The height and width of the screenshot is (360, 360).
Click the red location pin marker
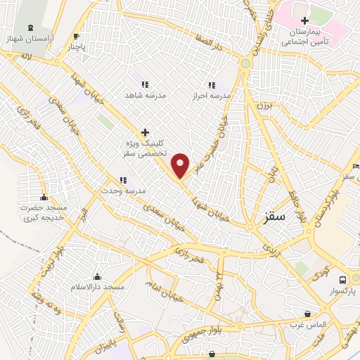(181, 165)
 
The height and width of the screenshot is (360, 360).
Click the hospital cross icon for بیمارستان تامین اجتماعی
(304, 21)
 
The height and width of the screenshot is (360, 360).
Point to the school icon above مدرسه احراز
(212, 84)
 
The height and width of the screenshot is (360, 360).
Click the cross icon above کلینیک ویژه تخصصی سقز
(145, 131)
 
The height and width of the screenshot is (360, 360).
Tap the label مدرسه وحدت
(122, 191)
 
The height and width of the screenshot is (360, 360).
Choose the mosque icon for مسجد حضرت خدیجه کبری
(44, 197)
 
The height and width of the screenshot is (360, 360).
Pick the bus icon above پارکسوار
(342, 279)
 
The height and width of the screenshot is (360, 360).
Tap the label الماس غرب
(307, 326)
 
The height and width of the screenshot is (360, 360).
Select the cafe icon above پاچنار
(76, 37)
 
